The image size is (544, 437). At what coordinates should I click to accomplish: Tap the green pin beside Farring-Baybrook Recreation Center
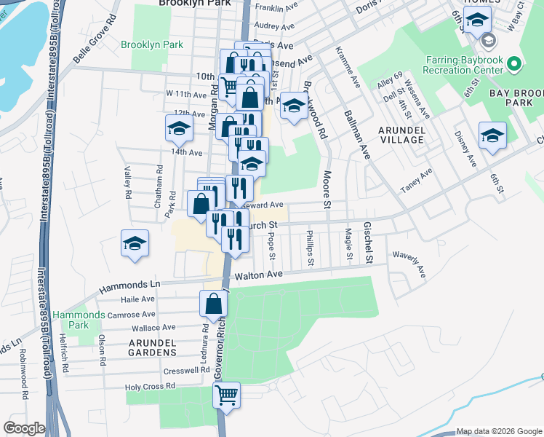515,64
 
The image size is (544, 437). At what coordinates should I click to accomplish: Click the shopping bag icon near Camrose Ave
213,304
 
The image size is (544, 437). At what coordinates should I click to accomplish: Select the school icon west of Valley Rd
135,243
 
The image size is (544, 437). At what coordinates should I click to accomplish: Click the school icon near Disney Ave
492,135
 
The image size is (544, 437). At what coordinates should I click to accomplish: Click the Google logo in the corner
24,428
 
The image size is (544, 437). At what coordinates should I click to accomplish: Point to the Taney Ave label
416,181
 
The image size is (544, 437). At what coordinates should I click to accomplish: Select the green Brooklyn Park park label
152,44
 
